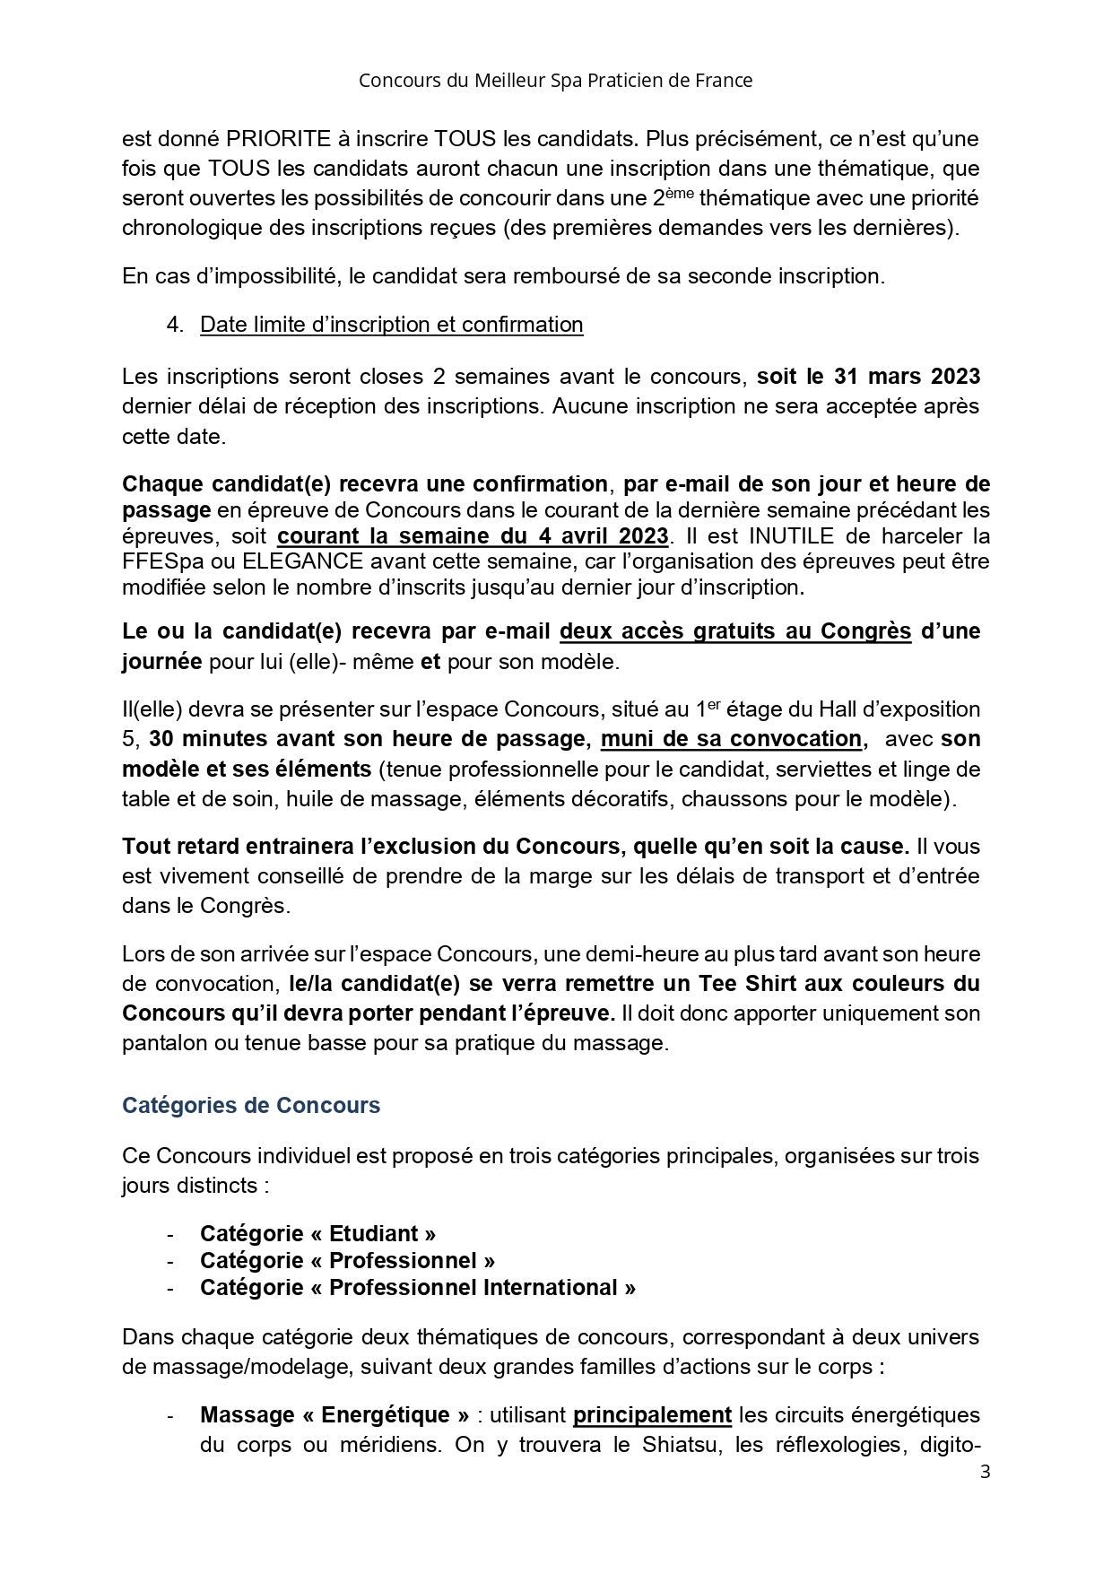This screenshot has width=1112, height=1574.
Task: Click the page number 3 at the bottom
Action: pos(985,1472)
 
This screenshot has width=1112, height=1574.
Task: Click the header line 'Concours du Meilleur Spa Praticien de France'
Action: pos(555,81)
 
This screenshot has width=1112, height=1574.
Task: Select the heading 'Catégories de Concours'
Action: pos(251,1105)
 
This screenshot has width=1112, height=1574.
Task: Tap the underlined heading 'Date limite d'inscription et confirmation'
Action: pos(391,325)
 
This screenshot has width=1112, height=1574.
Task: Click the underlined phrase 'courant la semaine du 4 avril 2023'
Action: pos(473,536)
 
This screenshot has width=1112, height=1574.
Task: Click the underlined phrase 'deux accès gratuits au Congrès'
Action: pos(735,631)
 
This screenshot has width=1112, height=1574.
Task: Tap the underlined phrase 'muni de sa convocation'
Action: pos(731,739)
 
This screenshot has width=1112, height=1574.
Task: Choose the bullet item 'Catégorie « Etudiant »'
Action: pos(317,1234)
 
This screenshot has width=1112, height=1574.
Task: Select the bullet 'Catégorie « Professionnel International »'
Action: pos(418,1288)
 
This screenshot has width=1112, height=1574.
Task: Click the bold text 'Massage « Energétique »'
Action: pos(334,1415)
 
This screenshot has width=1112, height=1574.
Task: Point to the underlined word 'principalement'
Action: pos(652,1415)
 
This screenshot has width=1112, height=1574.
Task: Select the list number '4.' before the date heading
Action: pos(175,325)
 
